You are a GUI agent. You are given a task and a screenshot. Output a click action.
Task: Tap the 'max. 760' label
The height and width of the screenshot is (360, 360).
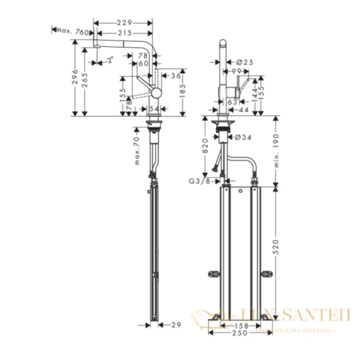[x=74, y=31]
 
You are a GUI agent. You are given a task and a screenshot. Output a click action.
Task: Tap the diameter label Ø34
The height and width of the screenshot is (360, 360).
[x=242, y=138]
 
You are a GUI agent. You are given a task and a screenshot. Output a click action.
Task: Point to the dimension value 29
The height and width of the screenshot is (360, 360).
[x=175, y=325]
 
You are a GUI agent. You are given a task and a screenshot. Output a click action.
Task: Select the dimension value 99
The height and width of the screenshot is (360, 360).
[x=239, y=71]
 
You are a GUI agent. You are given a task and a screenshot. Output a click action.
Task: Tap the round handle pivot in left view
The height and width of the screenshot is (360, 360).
[x=155, y=92]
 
